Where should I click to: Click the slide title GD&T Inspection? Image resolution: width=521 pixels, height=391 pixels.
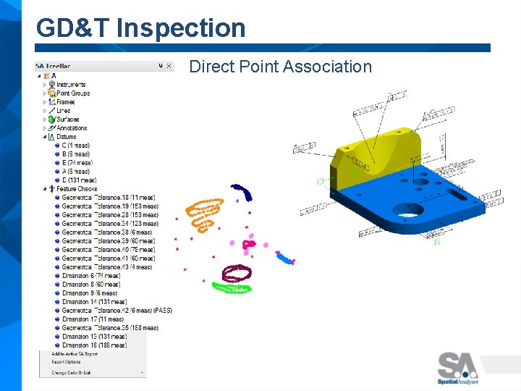[141, 28]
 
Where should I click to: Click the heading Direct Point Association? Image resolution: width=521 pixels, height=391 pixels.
[280, 67]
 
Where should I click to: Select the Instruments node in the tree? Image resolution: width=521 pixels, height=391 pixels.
[71, 85]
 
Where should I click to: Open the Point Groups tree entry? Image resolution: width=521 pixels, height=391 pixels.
[73, 93]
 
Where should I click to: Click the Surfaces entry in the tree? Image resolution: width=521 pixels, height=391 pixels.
[67, 119]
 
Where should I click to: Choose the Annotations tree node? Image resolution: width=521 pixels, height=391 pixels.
[72, 128]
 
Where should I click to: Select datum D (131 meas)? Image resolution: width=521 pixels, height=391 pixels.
[79, 180]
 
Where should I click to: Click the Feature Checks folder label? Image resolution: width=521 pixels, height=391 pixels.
[77, 189]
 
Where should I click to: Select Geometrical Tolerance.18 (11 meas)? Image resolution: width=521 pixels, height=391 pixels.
[108, 198]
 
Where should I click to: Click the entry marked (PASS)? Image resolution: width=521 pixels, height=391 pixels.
[117, 311]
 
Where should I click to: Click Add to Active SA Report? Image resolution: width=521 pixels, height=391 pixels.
[75, 353]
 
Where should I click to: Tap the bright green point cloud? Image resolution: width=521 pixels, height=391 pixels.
[232, 287]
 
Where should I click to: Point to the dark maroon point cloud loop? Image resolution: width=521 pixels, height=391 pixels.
[236, 272]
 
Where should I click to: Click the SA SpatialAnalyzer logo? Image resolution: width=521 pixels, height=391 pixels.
[457, 367]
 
